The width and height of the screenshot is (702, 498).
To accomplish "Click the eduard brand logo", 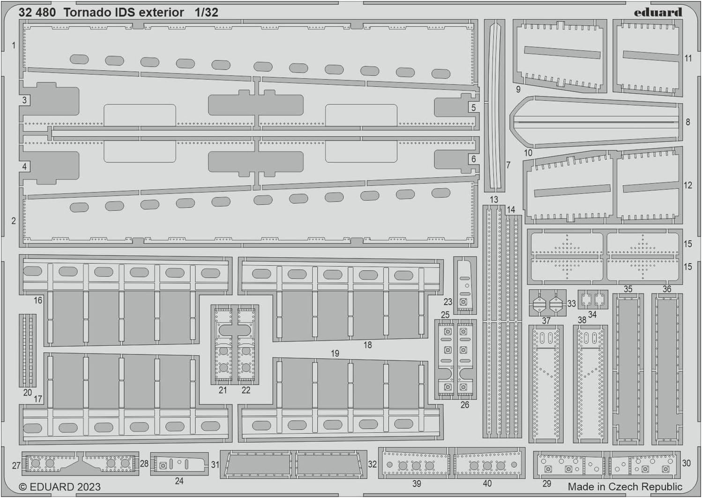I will (x=657, y=12).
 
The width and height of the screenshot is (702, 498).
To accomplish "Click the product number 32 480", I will (x=37, y=13).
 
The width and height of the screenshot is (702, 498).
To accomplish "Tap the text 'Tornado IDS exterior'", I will (x=124, y=13).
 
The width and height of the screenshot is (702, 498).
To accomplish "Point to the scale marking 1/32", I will (x=206, y=13).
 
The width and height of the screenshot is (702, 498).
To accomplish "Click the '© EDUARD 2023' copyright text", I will (x=60, y=487).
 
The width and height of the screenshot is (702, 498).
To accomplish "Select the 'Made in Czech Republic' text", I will (x=625, y=486).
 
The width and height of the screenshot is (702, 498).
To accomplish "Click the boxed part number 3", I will (x=24, y=100).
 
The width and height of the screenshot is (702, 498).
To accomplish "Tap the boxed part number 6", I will (x=473, y=159).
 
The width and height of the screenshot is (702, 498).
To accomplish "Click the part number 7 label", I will (x=508, y=165).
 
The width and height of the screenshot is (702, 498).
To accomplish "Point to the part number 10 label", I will (x=528, y=153).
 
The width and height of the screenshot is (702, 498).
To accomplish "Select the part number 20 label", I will (x=28, y=393).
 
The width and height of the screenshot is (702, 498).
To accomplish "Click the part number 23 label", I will (x=448, y=302).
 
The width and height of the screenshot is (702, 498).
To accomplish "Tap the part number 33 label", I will (x=571, y=304).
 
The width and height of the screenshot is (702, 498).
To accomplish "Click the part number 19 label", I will (x=335, y=353).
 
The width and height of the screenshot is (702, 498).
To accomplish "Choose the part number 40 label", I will (x=487, y=483).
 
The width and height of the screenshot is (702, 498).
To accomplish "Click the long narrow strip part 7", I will (x=494, y=105).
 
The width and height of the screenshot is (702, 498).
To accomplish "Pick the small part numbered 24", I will (x=179, y=464).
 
